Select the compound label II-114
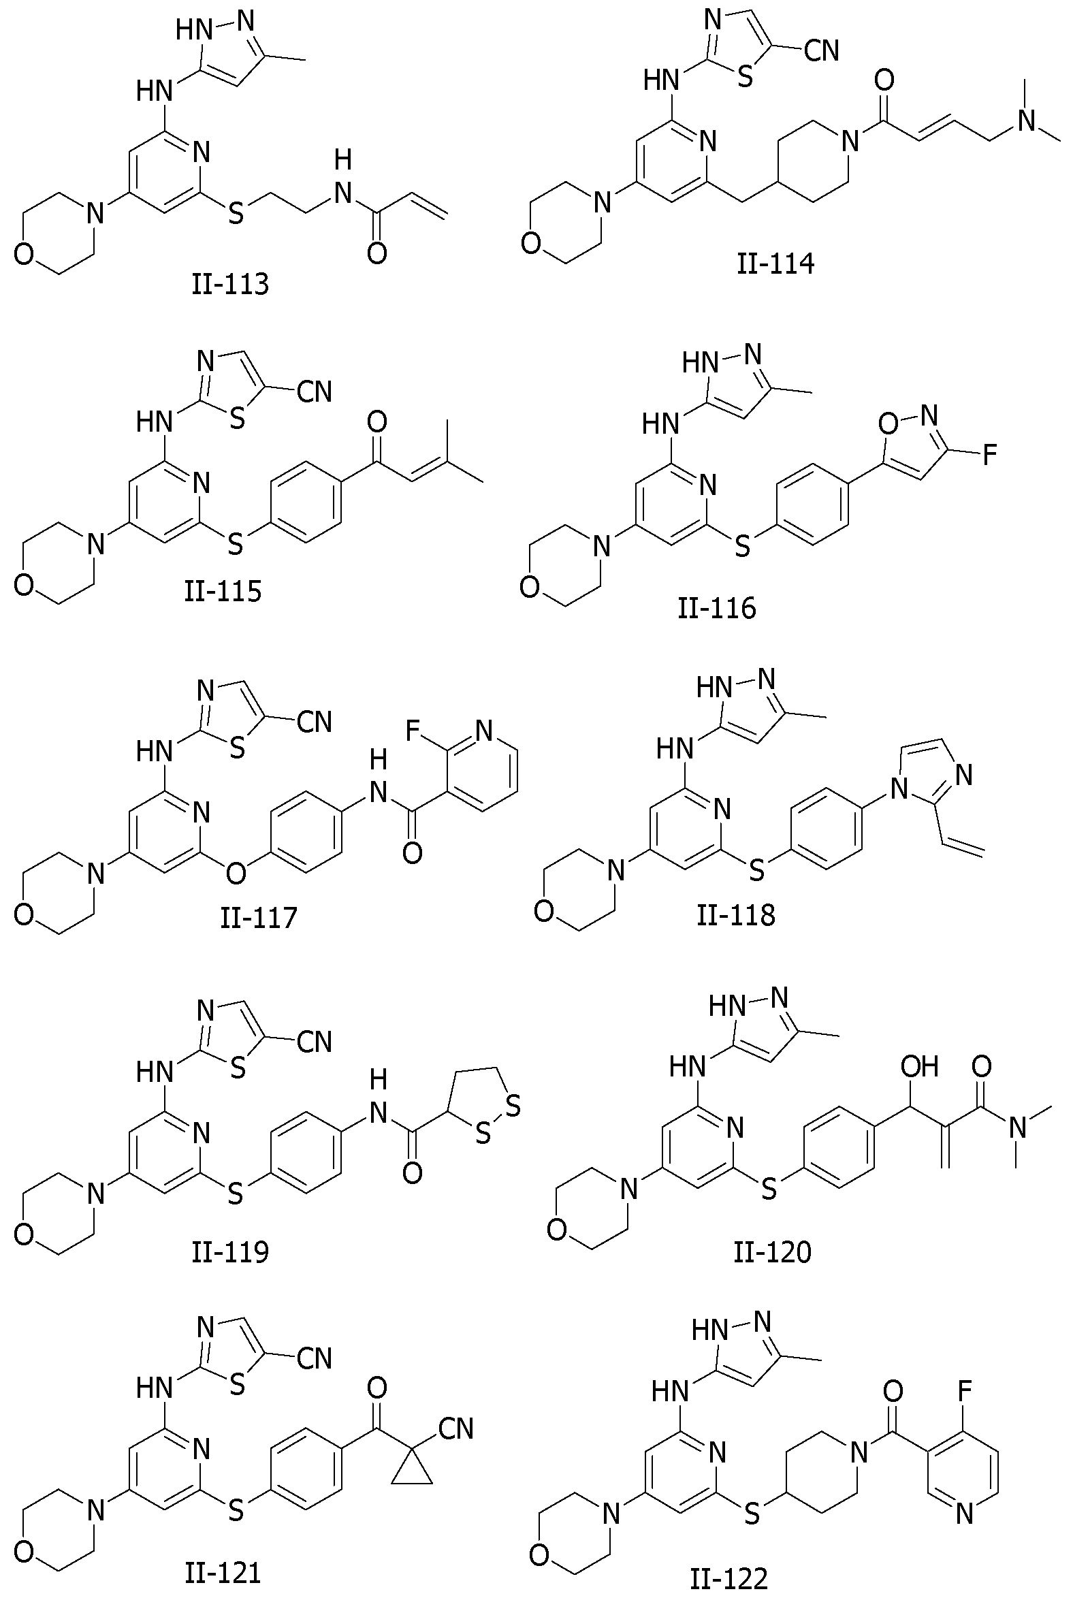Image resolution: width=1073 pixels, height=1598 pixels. click(x=775, y=263)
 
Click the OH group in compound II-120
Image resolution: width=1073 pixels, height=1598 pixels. click(x=919, y=1066)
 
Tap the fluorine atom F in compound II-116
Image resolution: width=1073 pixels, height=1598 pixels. click(x=989, y=454)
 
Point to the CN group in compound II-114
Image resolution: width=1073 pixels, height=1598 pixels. click(x=821, y=50)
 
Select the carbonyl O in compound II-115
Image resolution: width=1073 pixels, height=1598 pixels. click(x=377, y=421)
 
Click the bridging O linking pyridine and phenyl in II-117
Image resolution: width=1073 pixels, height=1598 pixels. click(x=236, y=873)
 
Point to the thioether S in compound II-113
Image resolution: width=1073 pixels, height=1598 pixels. click(x=236, y=214)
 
